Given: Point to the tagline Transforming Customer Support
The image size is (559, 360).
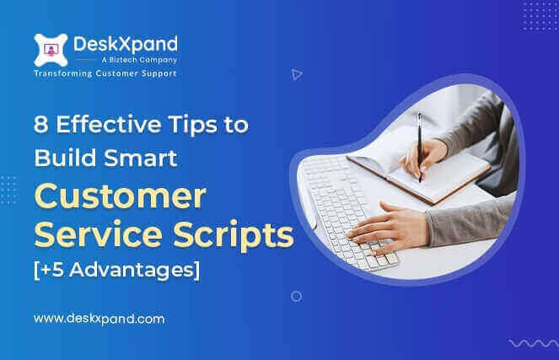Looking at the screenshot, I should pyautogui.click(x=105, y=74).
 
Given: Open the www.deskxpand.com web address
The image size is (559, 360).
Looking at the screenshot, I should pyautogui.click(x=98, y=320).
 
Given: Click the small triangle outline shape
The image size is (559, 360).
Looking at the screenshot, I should pyautogui.click(x=296, y=74).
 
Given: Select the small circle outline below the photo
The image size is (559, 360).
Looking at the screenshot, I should pyautogui.click(x=296, y=296).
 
